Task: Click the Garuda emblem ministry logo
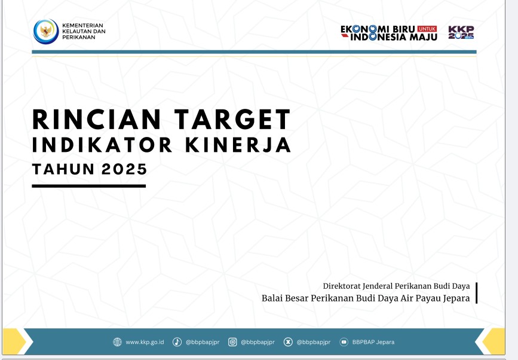coord(46,32)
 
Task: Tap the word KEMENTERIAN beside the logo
coord(82,26)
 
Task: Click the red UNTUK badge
coord(427,29)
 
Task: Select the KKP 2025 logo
coord(461,32)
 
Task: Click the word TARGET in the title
coord(232,120)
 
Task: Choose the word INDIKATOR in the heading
coord(102,145)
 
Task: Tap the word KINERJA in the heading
coord(238,145)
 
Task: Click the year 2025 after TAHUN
coord(124,169)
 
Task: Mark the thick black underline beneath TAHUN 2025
coord(89,186)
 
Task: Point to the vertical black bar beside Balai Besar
coord(476,292)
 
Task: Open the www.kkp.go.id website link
coord(145,342)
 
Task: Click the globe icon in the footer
coord(117,342)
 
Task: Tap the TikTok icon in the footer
coord(177,342)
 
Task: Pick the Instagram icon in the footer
coord(232,342)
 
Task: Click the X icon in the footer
coord(288,342)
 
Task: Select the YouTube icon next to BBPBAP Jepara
coord(344,342)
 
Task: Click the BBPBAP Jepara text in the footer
coord(373,342)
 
